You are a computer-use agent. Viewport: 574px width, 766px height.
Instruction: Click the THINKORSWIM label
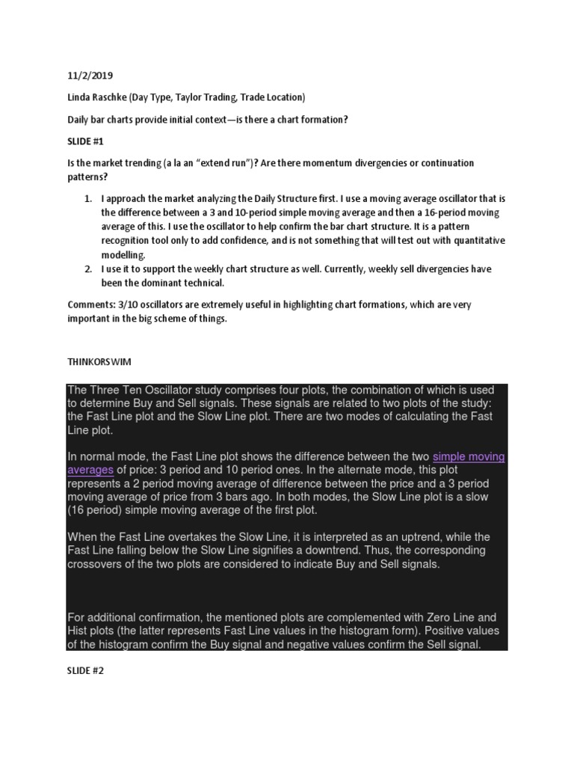point(99,362)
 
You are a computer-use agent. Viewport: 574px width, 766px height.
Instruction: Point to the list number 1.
point(87,199)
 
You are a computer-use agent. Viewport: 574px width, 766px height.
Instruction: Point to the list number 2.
point(87,269)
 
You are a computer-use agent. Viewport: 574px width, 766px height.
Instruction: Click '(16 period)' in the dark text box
point(93,510)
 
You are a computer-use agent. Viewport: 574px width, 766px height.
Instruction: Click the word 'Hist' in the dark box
point(78,631)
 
